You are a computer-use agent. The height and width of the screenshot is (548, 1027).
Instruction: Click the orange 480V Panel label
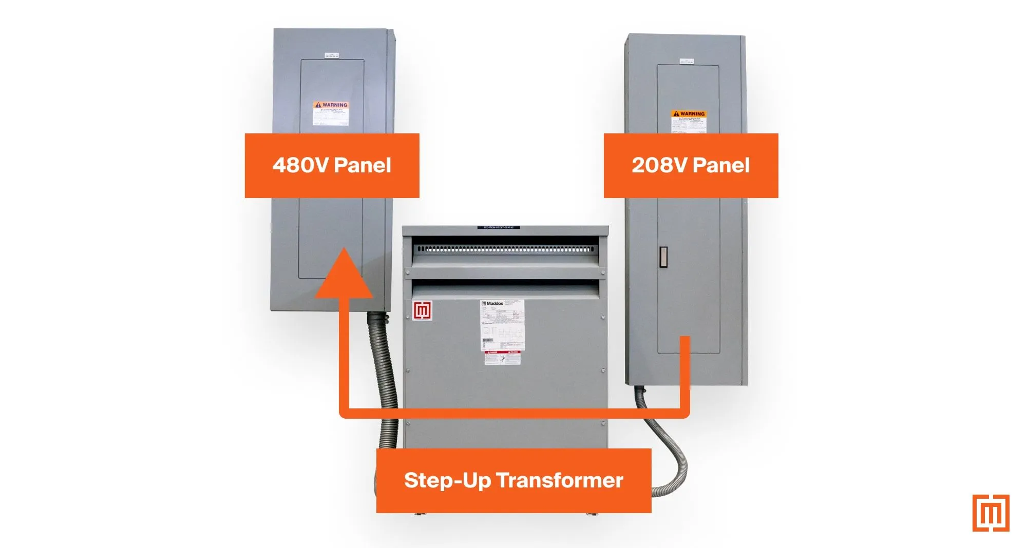pos(332,165)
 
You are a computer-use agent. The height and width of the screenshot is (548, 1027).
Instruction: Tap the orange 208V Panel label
pos(691,165)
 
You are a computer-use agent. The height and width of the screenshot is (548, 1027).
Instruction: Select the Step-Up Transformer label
pos(513,480)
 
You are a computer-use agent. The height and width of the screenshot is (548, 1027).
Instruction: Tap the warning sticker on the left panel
pos(331,113)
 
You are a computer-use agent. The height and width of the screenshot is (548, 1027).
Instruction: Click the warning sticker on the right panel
pos(689,121)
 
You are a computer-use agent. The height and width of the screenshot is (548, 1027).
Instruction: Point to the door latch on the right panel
pos(663,257)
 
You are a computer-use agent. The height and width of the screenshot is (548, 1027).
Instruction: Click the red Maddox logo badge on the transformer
pos(422,311)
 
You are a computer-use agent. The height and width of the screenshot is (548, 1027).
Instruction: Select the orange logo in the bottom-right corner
pos(991,513)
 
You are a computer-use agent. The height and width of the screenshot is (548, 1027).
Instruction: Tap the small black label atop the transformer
pos(498,227)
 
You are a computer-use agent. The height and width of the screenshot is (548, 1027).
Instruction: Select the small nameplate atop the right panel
pos(686,61)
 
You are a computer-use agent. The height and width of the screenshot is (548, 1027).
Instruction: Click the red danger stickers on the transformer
pos(503,357)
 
